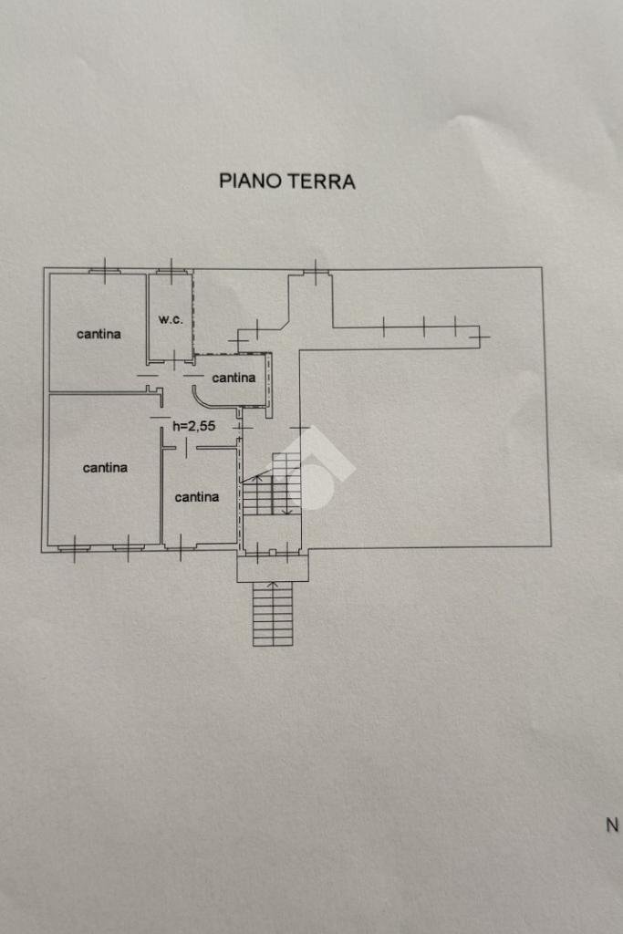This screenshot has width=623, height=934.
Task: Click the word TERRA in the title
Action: [322, 181]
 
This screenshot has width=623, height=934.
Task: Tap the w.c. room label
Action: [171, 319]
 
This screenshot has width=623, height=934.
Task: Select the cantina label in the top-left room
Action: [99, 334]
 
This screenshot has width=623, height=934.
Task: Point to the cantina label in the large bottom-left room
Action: [105, 468]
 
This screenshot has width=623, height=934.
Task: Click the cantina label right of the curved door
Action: [234, 378]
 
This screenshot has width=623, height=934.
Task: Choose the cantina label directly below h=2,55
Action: [197, 497]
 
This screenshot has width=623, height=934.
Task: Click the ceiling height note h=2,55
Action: [193, 425]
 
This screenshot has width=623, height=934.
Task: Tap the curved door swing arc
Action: [199, 397]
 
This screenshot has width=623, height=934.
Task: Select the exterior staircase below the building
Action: [273, 614]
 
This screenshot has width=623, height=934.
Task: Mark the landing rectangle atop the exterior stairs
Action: [273, 568]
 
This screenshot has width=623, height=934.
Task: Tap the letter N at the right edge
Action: [612, 825]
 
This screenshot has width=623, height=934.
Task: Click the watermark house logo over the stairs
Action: [315, 467]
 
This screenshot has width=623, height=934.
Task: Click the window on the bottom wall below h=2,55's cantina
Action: [181, 547]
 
